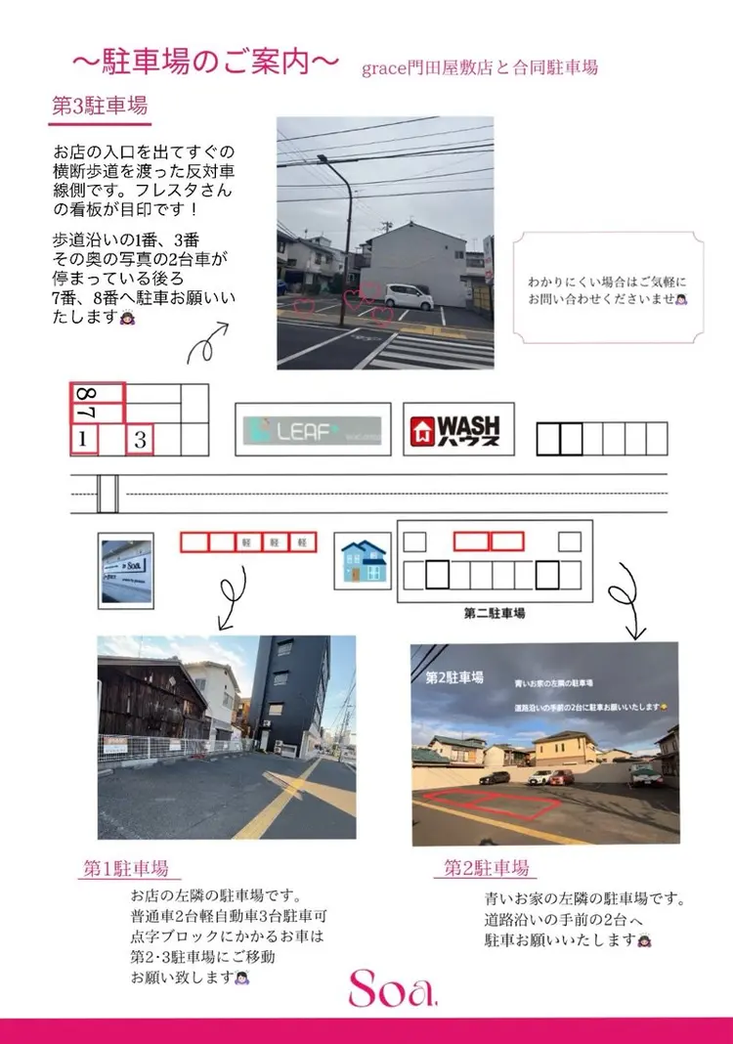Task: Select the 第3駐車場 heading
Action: pyautogui.click(x=100, y=107)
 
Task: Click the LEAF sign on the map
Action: pyautogui.click(x=313, y=429)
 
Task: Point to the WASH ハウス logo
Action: pyautogui.click(x=458, y=429)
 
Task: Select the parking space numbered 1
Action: pyautogui.click(x=83, y=440)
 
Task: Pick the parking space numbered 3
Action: pyautogui.click(x=140, y=440)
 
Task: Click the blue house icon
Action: pyautogui.click(x=363, y=559)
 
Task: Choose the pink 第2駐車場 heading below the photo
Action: pyautogui.click(x=486, y=867)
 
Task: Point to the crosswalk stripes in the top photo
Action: pyautogui.click(x=430, y=350)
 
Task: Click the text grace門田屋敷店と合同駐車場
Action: pyautogui.click(x=479, y=67)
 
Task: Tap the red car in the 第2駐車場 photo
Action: pyautogui.click(x=561, y=777)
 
